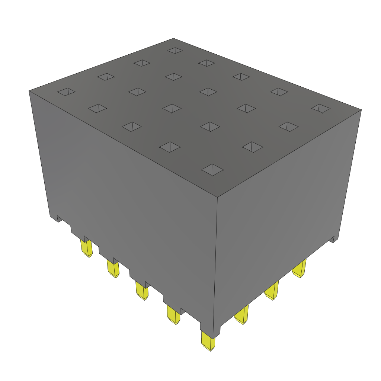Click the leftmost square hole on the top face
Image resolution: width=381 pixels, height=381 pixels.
coord(66,92)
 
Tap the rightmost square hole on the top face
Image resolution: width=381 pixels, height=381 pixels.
coord(321,108)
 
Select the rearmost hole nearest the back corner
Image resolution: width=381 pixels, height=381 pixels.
coord(175,50)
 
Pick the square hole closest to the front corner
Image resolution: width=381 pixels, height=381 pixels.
coord(212,170)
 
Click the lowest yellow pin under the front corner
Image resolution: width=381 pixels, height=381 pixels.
coord(208,342)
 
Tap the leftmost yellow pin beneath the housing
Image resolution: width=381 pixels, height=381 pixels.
coord(86,248)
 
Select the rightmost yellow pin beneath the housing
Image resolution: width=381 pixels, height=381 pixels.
coord(300,268)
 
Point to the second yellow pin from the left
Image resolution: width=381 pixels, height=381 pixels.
coord(113,268)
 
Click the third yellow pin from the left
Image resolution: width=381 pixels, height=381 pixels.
coord(142,291)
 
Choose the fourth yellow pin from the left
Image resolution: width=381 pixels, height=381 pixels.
coord(173,315)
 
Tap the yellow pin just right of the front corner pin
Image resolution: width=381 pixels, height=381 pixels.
coord(242,315)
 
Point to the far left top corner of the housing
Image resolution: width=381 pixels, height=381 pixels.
coord(29,91)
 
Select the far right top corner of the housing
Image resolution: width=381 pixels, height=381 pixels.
coord(361,110)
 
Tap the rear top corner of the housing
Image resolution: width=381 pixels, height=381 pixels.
coord(173,38)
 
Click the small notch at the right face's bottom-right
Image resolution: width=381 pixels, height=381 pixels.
coord(335,239)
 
